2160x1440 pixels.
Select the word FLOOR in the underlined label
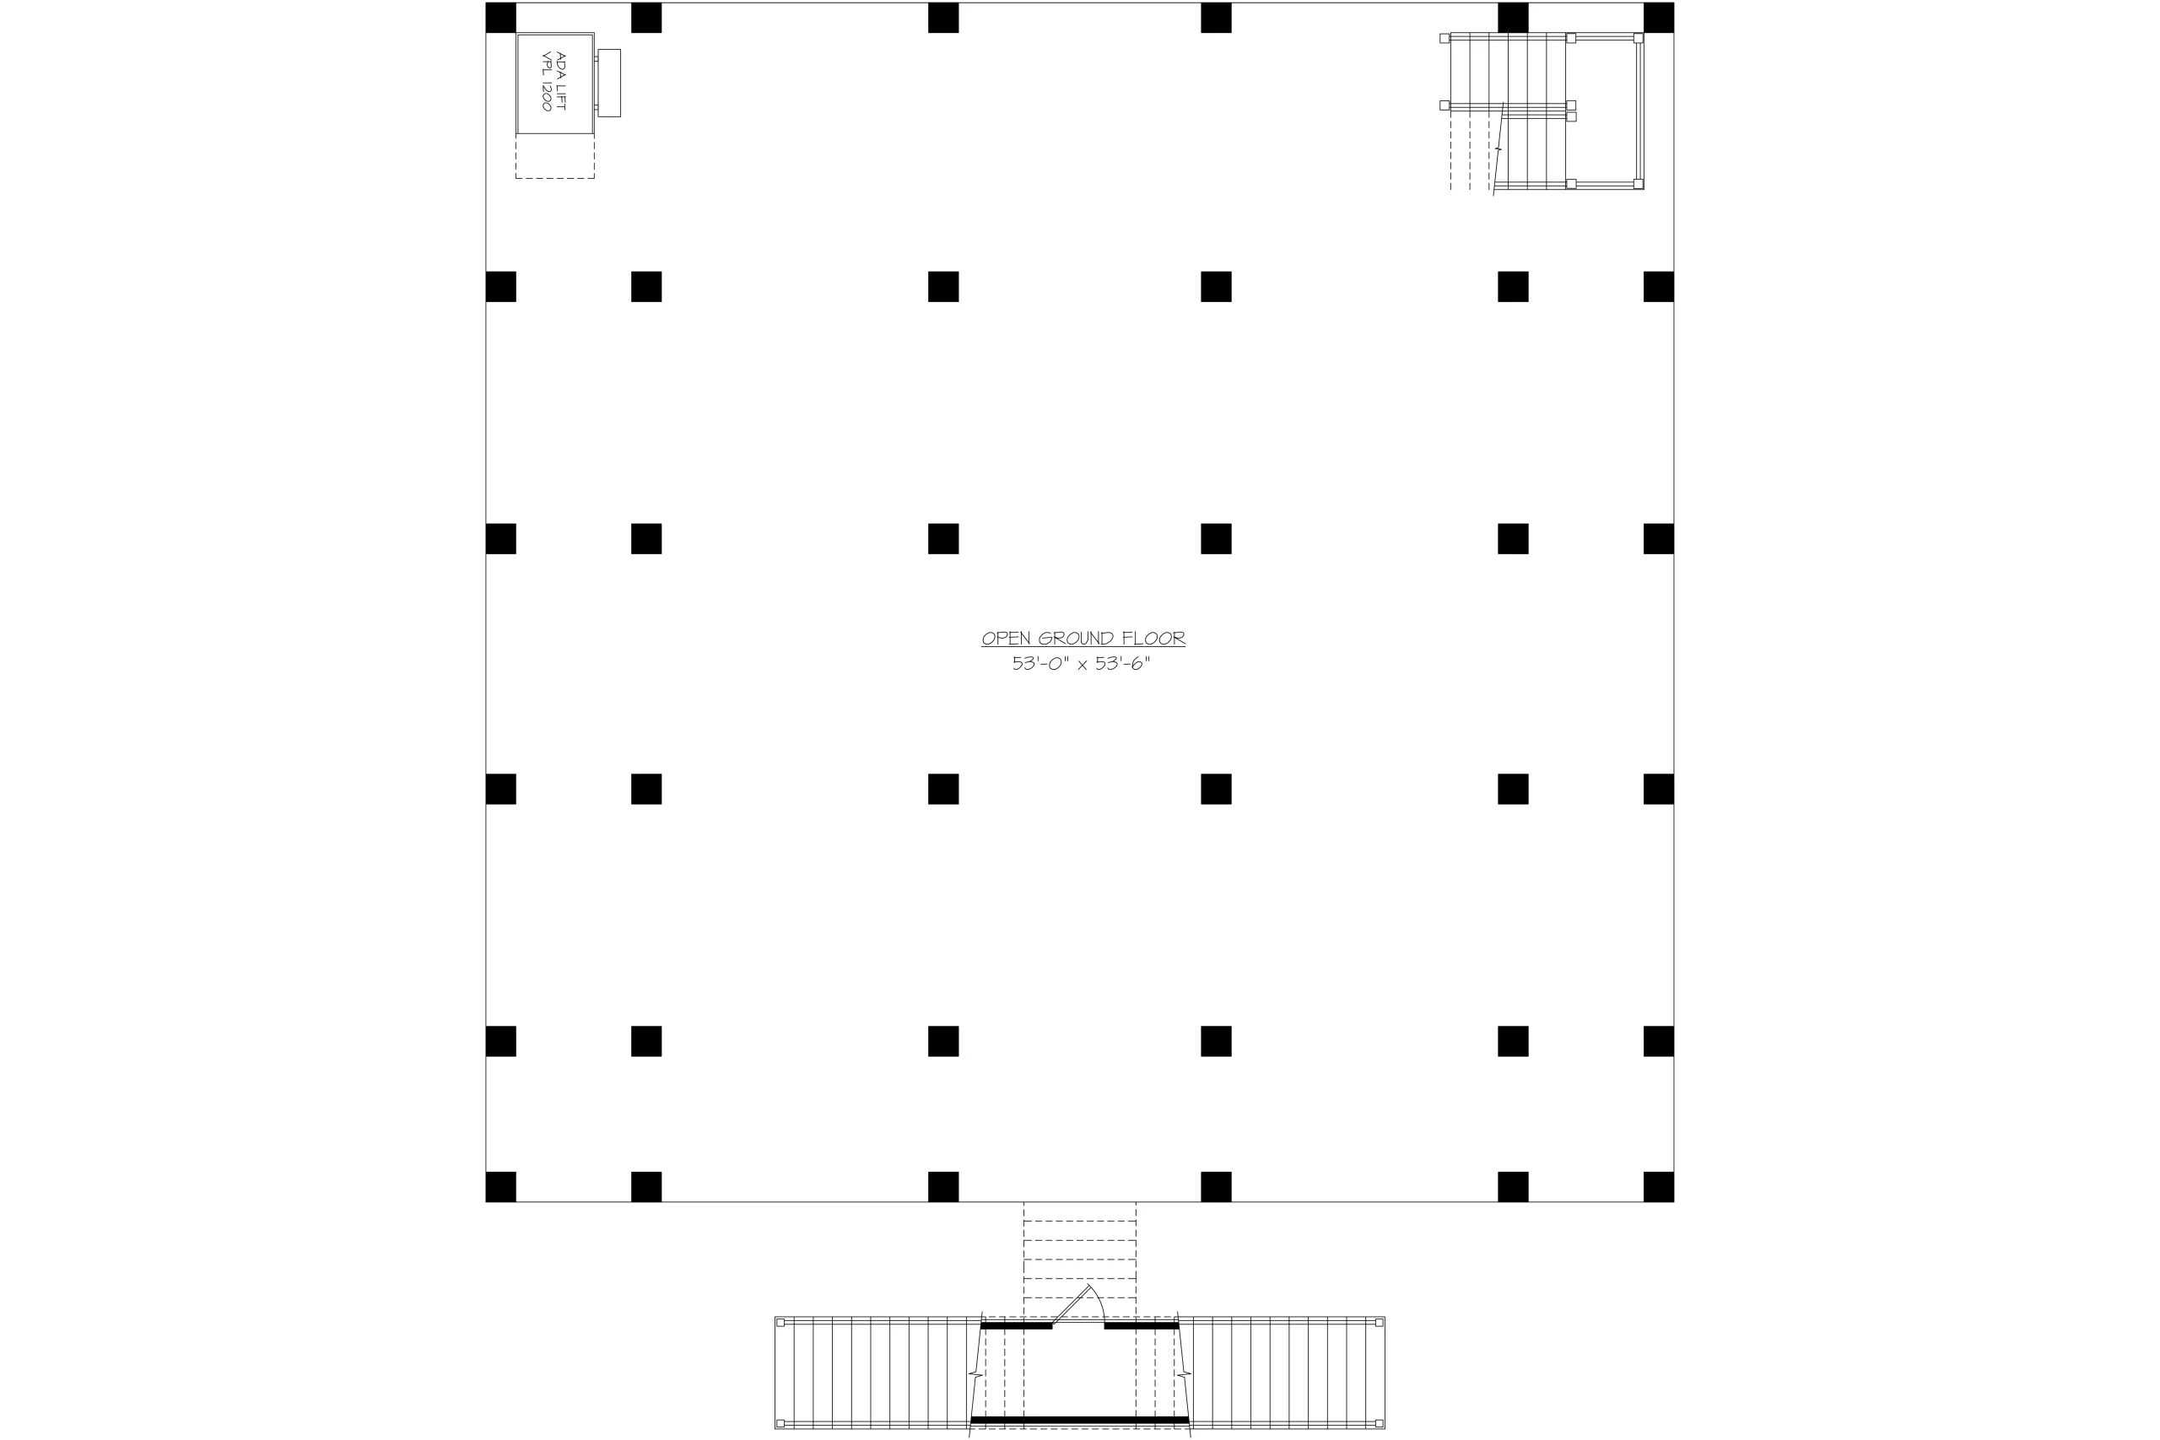[1153, 639]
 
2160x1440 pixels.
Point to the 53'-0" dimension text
[1040, 663]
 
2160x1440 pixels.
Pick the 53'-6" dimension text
[1122, 663]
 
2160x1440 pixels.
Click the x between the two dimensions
[1083, 665]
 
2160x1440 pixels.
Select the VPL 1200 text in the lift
[547, 81]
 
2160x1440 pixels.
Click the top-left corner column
[500, 18]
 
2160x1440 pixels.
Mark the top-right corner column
[1659, 18]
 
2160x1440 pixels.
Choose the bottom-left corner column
[500, 1187]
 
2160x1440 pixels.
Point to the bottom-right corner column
[1659, 1187]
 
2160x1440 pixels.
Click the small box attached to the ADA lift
[609, 83]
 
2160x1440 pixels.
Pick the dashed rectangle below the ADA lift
[554, 177]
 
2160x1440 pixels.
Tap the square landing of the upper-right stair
[1603, 111]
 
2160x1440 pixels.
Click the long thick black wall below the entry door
[1080, 1420]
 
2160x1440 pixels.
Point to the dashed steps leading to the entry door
[1080, 1258]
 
